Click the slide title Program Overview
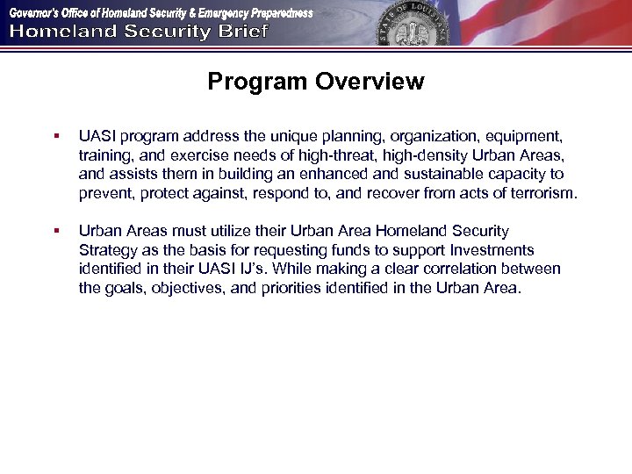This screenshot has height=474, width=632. [316, 83]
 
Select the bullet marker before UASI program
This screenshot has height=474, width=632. [55, 137]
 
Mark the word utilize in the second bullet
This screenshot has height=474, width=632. [232, 231]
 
